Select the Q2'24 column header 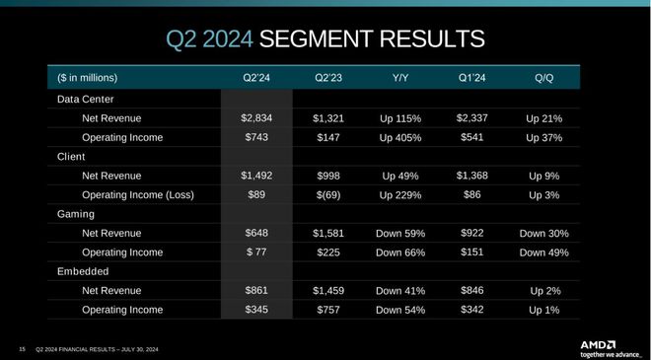pos(256,78)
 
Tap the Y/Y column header pos(400,78)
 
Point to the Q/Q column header pos(543,78)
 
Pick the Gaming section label pos(77,214)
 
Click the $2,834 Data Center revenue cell pos(256,117)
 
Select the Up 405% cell pos(400,137)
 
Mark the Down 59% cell pos(400,233)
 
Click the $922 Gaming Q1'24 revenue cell pos(472,233)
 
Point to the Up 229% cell pos(400,194)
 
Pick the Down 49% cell pos(543,252)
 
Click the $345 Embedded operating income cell pos(256,310)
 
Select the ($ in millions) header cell pos(87,78)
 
